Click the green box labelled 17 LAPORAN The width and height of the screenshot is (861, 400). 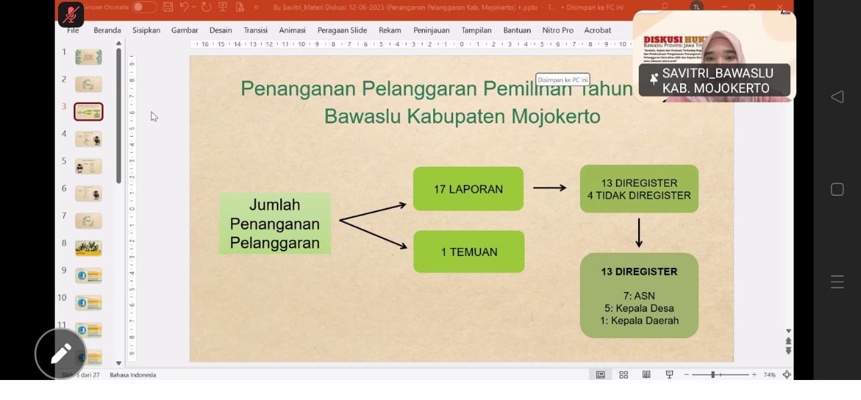[468, 189]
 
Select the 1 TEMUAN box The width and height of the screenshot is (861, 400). [469, 252]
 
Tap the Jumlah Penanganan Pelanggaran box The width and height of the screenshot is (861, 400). [274, 224]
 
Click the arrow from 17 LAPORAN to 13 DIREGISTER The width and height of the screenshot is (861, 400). [549, 188]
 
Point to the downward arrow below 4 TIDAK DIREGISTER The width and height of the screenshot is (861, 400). [639, 233]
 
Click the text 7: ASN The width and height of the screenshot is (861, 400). [639, 296]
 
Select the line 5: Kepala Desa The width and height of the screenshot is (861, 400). [639, 309]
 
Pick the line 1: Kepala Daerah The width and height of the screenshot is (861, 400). [639, 321]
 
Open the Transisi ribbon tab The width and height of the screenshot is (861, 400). [256, 30]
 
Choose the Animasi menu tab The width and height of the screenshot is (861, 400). [292, 30]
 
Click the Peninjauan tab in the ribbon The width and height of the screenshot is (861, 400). [431, 30]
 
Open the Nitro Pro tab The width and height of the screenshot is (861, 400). [558, 30]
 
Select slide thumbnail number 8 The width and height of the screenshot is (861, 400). [89, 248]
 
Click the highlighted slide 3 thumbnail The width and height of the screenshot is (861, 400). [89, 111]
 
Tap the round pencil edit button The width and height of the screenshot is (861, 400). [61, 353]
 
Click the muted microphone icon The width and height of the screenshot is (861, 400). [71, 13]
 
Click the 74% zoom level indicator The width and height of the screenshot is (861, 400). [769, 375]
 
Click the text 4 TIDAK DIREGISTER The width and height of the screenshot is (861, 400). [639, 196]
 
